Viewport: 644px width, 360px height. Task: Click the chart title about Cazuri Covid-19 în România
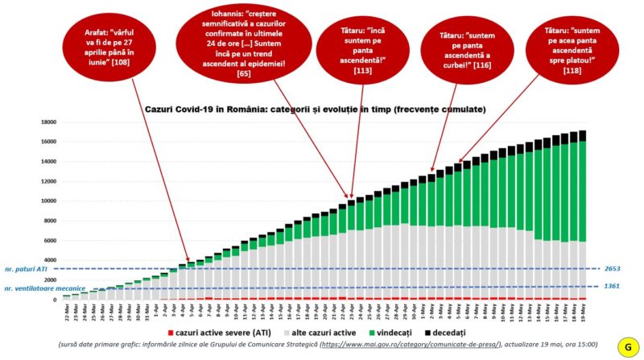coord(315,109)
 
